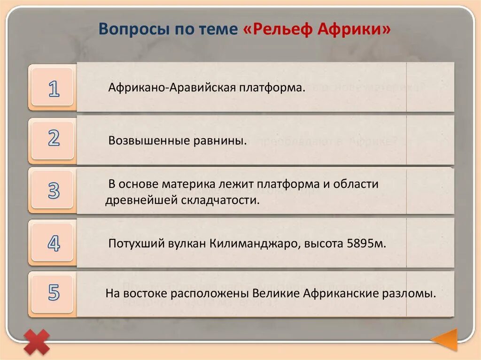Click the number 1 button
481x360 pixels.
(x=54, y=88)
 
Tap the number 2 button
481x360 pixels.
(x=54, y=139)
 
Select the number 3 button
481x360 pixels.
(x=54, y=191)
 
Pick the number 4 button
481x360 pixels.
(x=54, y=244)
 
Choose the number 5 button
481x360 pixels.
(x=54, y=293)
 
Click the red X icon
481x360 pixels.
(x=37, y=341)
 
